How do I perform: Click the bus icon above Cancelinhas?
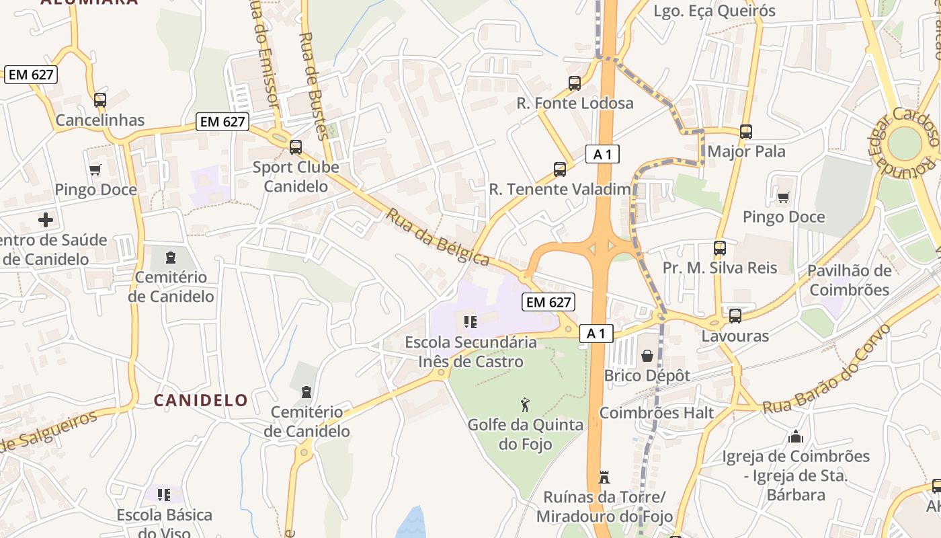pyautogui.click(x=100, y=100)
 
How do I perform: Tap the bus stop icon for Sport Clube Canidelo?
pyautogui.click(x=295, y=147)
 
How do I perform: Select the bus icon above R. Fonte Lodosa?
pyautogui.click(x=575, y=83)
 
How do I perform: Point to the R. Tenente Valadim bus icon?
pyautogui.click(x=560, y=169)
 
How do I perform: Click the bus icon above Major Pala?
pyautogui.click(x=746, y=132)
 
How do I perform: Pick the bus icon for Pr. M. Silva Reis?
pyautogui.click(x=720, y=248)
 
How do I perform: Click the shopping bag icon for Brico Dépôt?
pyautogui.click(x=647, y=355)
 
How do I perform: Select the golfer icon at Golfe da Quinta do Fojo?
pyautogui.click(x=526, y=405)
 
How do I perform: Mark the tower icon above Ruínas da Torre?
pyautogui.click(x=604, y=477)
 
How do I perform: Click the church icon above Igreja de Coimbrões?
pyautogui.click(x=796, y=436)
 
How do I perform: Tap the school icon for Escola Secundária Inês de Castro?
pyautogui.click(x=470, y=322)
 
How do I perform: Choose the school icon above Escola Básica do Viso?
pyautogui.click(x=164, y=495)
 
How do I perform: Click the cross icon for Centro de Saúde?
pyautogui.click(x=46, y=220)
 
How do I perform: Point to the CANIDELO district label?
pyautogui.click(x=200, y=400)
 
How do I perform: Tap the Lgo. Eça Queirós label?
pyautogui.click(x=714, y=11)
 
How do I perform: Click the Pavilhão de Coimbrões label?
pyautogui.click(x=849, y=280)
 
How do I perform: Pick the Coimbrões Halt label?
pyautogui.click(x=656, y=413)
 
